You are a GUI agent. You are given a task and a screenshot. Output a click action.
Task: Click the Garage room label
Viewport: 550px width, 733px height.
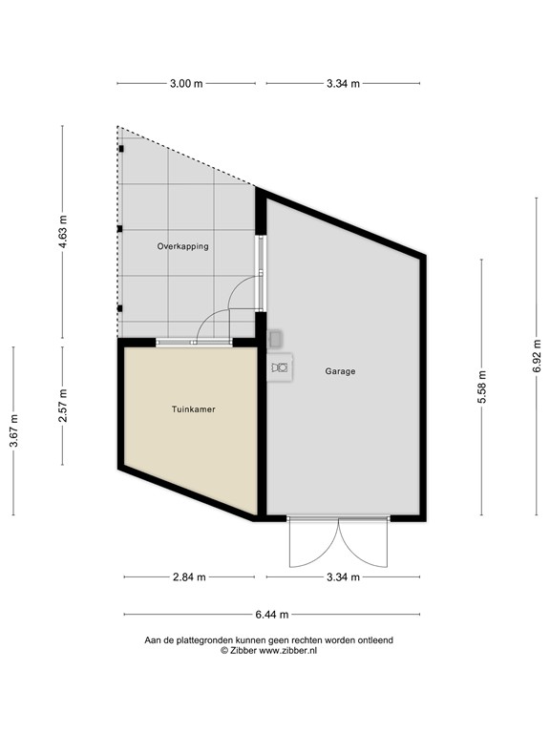pyautogui.click(x=340, y=371)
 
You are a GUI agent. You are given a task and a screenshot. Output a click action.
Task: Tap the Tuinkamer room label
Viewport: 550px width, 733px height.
pyautogui.click(x=193, y=409)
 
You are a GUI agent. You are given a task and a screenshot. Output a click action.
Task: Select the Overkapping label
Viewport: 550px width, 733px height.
pyautogui.click(x=182, y=246)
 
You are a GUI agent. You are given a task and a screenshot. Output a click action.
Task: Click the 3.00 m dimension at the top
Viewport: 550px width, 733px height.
pyautogui.click(x=186, y=84)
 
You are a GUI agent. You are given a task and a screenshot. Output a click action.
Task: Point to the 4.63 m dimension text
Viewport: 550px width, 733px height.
pyautogui.click(x=63, y=232)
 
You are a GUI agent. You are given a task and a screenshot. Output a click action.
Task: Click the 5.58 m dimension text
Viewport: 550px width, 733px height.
pyautogui.click(x=482, y=387)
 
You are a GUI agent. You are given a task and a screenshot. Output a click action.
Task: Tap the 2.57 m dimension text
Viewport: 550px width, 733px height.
pyautogui.click(x=63, y=406)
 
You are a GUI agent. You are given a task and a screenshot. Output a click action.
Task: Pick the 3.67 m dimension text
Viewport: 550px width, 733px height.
pyautogui.click(x=13, y=430)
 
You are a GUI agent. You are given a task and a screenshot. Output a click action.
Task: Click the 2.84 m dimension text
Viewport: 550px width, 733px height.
pyautogui.click(x=188, y=577)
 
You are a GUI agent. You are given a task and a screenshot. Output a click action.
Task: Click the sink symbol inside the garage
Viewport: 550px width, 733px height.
pyautogui.click(x=279, y=367)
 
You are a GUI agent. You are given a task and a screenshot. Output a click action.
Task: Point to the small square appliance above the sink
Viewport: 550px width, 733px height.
pyautogui.click(x=276, y=338)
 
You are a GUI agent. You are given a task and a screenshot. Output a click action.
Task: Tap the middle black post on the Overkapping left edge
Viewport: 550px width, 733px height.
pyautogui.click(x=119, y=229)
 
